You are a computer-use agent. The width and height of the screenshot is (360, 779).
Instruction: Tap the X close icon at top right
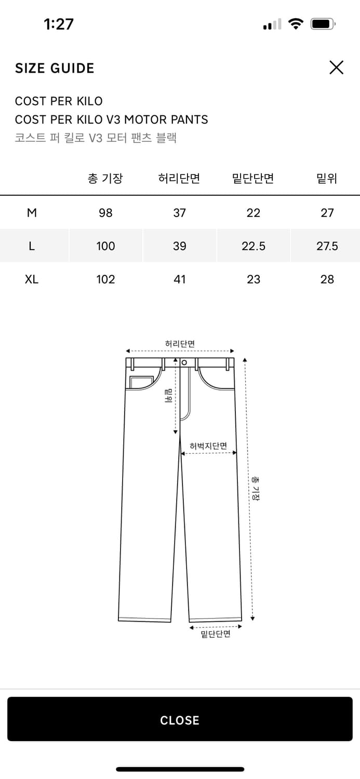[336, 68]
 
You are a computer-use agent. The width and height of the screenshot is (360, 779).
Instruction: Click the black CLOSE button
[180, 719]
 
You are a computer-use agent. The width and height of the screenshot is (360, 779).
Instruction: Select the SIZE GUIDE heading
[55, 69]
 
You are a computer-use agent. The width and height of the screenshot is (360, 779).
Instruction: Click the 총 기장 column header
[105, 179]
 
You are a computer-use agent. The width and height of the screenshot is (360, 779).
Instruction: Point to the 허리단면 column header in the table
[179, 179]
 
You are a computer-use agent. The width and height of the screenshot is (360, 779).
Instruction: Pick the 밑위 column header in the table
[327, 179]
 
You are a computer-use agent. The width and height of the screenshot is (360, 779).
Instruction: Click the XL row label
[32, 279]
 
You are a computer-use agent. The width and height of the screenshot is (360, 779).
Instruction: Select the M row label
[32, 213]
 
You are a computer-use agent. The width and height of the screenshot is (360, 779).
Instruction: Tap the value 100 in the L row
[105, 246]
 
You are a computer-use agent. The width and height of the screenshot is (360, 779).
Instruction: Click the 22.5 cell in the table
[253, 246]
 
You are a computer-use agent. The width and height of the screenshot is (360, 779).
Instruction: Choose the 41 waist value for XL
[179, 279]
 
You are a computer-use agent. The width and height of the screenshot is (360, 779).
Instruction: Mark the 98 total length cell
[105, 213]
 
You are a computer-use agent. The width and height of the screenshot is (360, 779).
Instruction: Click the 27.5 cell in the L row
[327, 246]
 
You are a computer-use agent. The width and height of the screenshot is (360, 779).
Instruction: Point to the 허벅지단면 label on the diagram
[208, 446]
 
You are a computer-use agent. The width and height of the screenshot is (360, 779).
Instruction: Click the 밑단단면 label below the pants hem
[215, 634]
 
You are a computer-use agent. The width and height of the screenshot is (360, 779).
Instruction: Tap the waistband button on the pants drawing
[184, 362]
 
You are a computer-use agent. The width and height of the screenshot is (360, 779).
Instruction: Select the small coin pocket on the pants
[139, 383]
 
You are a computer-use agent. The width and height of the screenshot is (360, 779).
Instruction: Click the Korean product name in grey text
[96, 138]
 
